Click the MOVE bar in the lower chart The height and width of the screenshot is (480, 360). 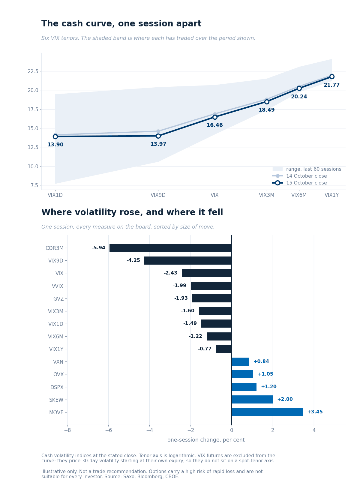click(x=267, y=412)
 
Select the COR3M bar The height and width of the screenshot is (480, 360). click(x=170, y=248)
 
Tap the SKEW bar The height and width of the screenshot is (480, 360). click(x=252, y=399)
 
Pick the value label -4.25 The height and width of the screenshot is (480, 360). click(x=133, y=260)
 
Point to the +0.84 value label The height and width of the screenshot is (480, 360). click(x=261, y=361)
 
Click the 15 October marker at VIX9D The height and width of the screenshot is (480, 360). click(x=158, y=136)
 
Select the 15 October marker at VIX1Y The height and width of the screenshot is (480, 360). click(x=332, y=76)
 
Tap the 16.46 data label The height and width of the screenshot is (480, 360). click(x=214, y=125)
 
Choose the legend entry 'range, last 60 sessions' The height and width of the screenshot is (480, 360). click(x=307, y=169)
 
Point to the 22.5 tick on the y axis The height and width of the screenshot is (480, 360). click(x=33, y=71)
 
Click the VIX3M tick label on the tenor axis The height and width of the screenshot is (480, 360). click(x=266, y=195)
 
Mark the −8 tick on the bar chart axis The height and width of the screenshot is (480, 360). click(x=67, y=430)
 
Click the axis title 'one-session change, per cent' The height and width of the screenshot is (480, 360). click(x=206, y=440)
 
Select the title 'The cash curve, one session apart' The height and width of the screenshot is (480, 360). click(x=121, y=24)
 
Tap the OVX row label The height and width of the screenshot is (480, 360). click(x=58, y=374)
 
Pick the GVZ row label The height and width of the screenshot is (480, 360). click(x=58, y=298)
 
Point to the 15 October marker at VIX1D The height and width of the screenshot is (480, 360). click(x=55, y=136)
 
